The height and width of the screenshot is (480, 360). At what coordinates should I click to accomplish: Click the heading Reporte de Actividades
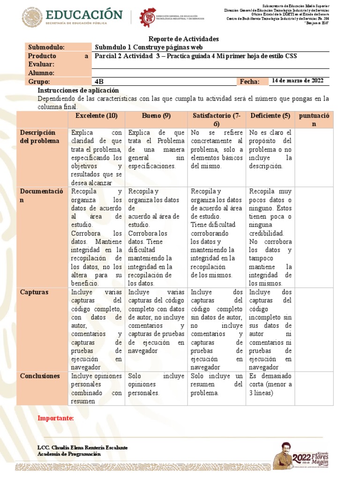(x=177, y=39)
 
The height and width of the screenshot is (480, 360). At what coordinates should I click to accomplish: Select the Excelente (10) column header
(x=96, y=116)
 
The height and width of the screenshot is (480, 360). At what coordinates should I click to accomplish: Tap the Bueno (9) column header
(x=156, y=116)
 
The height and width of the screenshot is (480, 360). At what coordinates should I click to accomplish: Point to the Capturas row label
(x=34, y=292)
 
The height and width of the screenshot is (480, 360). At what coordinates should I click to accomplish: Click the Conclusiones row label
(x=40, y=376)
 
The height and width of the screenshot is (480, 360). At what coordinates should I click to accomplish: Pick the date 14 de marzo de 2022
(x=298, y=81)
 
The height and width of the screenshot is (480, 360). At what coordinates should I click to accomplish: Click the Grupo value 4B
(x=99, y=82)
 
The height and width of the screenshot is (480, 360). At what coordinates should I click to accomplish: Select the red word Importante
(x=55, y=418)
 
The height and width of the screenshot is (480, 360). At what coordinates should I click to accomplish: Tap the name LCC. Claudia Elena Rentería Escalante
(x=82, y=448)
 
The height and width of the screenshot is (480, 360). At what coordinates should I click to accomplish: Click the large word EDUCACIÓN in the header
(x=84, y=15)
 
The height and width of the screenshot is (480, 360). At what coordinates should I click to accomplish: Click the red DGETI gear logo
(x=148, y=18)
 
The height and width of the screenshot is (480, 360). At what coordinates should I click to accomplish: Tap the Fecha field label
(x=249, y=82)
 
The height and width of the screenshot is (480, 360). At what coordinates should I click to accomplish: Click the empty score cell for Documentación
(x=314, y=237)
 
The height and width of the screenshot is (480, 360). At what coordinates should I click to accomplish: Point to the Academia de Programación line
(x=69, y=454)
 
